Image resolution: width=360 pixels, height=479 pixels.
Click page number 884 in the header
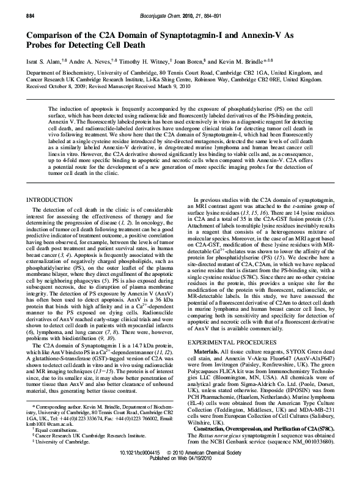13,6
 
